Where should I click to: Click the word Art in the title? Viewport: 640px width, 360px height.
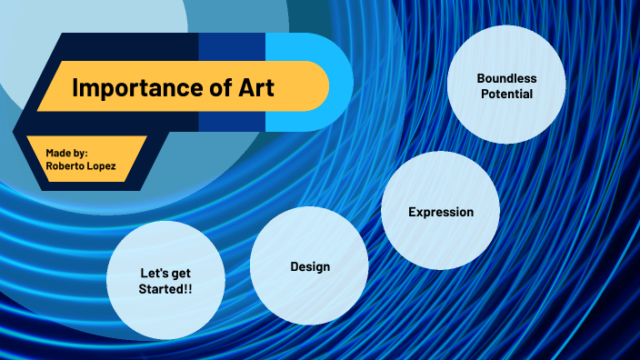[x=255, y=87]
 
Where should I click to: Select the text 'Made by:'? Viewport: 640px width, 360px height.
[x=66, y=152]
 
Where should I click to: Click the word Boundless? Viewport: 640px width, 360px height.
[x=506, y=78]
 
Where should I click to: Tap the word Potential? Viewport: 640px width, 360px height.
[x=506, y=94]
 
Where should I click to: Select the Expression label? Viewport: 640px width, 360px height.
[x=441, y=212]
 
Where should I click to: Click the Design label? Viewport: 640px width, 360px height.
[x=310, y=266]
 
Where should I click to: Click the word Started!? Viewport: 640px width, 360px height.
[x=165, y=288]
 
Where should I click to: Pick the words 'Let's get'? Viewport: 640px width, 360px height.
[x=165, y=273]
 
